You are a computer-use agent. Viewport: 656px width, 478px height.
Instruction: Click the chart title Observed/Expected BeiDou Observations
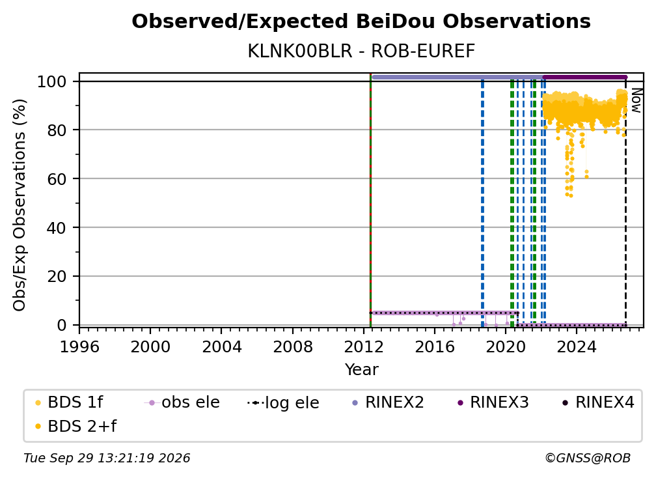[x=361, y=21]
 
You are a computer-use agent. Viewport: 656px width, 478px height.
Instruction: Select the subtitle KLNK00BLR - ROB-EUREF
[x=361, y=51]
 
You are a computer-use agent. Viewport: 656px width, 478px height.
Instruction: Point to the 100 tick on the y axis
[x=52, y=81]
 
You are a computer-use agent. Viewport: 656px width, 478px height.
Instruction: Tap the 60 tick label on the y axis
[x=57, y=179]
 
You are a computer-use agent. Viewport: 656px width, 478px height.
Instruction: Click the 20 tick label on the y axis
[x=57, y=277]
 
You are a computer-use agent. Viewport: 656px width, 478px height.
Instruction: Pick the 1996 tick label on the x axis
[x=79, y=346]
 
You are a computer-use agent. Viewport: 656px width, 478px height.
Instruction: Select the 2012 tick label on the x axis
[x=364, y=346]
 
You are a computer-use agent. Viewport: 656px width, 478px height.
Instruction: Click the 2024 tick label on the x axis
[x=577, y=346]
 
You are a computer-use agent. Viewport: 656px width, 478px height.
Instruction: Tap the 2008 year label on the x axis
[x=292, y=346]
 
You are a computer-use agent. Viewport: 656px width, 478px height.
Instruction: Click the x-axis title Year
[x=361, y=370]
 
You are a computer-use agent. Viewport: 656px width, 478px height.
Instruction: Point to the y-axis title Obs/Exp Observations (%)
[x=20, y=205]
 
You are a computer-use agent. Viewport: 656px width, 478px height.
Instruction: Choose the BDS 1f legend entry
[x=69, y=402]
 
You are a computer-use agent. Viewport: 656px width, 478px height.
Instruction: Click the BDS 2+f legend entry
[x=75, y=426]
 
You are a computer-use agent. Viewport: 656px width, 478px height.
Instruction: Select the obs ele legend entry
[x=182, y=402]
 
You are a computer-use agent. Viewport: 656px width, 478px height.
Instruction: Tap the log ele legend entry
[x=283, y=402]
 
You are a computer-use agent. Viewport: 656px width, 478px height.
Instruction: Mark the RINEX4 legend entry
[x=598, y=402]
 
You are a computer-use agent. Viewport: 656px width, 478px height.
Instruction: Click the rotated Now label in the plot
[x=636, y=100]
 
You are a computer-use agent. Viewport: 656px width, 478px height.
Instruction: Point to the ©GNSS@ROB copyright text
[x=588, y=458]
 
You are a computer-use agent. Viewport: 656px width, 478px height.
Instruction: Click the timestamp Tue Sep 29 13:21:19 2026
[x=107, y=458]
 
